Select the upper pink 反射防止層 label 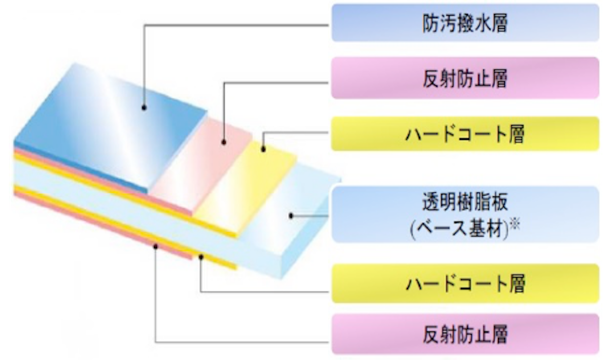pos(465,78)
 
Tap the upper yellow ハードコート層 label pos(465,134)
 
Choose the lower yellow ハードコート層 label pos(465,284)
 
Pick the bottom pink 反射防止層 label pos(465,334)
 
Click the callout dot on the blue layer pos(144,108)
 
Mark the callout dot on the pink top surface pos(223,143)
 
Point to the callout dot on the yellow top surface pos(263,149)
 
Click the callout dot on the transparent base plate pos(291,216)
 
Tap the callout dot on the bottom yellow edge pos(201,258)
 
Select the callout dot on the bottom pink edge pos(156,246)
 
